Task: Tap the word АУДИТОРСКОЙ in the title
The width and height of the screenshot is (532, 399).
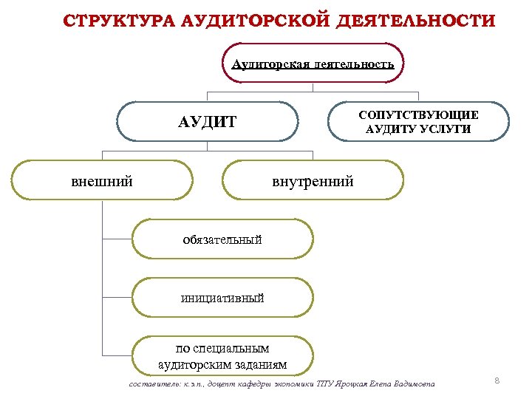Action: [248, 20]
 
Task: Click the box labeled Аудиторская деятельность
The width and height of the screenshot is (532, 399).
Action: [313, 64]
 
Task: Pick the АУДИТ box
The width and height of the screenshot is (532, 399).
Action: [208, 121]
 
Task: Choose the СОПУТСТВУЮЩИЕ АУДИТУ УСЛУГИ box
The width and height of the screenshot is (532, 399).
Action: [418, 121]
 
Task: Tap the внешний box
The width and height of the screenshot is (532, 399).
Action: [103, 180]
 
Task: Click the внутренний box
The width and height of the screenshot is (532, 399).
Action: [313, 180]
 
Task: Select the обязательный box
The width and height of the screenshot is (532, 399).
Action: [222, 239]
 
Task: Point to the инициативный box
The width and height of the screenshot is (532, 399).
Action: [222, 298]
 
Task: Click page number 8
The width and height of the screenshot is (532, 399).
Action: [497, 380]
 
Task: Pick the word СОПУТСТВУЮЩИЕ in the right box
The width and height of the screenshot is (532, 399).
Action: [418, 115]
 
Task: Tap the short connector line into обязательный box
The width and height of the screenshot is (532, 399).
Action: [117, 239]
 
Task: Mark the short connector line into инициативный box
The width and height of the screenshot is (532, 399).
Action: [117, 298]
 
